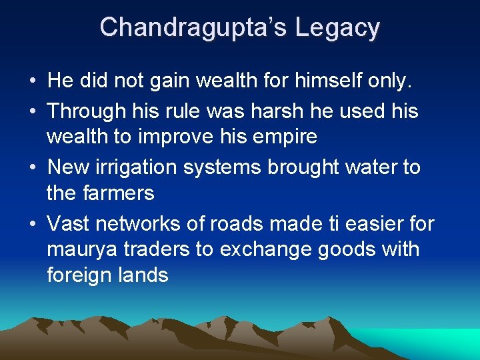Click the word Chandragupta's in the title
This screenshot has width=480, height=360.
(x=193, y=27)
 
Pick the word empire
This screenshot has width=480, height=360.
(x=285, y=137)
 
